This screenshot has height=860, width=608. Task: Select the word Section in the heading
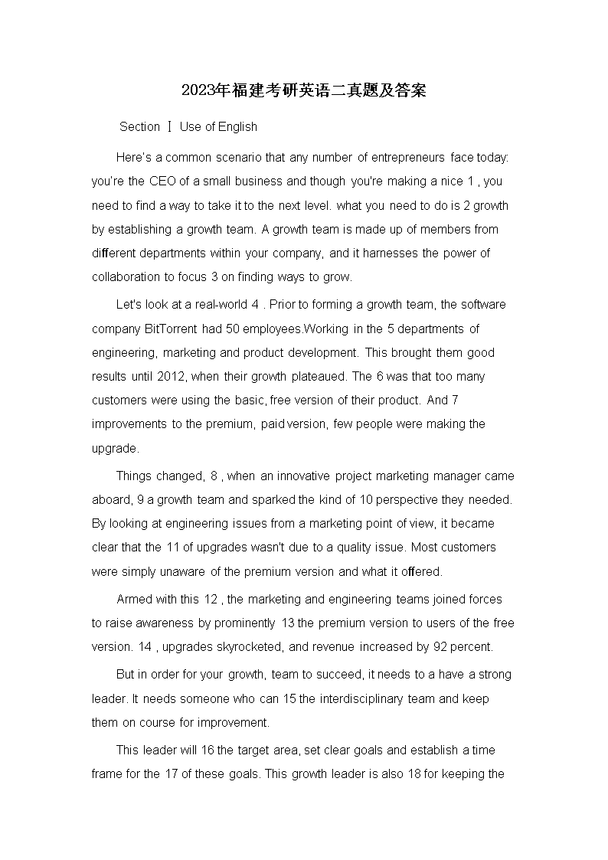(x=140, y=127)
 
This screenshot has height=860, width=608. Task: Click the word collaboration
(x=128, y=277)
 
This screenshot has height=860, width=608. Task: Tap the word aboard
(x=112, y=499)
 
